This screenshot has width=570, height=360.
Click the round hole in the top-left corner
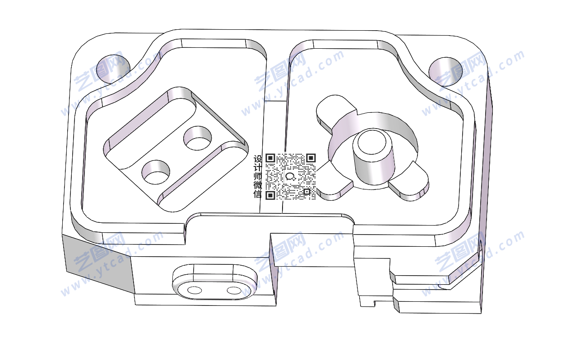pos(113,69)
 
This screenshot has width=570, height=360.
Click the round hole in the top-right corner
pos(445,72)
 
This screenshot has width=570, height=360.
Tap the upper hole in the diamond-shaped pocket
pos(198,138)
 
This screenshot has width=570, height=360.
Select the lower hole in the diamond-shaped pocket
pos(156,172)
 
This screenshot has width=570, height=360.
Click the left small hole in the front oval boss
pos(195,290)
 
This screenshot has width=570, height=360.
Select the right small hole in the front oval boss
pos(234,291)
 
